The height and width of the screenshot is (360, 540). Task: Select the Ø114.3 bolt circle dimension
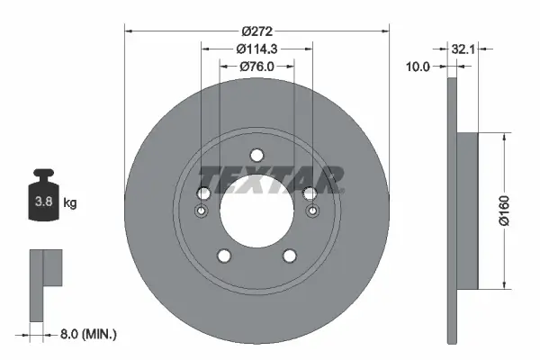[256, 49]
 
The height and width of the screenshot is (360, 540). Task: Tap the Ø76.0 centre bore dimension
[256, 67]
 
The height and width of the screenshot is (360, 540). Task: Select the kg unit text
[70, 203]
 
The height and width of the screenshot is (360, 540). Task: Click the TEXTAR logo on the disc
[270, 179]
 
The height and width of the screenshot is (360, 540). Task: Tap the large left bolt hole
[202, 193]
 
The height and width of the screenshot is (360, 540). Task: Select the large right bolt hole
[310, 193]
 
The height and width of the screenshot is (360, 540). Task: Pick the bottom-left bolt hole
[223, 256]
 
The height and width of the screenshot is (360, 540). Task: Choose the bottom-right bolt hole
[290, 256]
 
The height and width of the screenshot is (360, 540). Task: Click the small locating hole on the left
[202, 212]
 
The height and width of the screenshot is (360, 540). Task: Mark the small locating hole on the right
[311, 212]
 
